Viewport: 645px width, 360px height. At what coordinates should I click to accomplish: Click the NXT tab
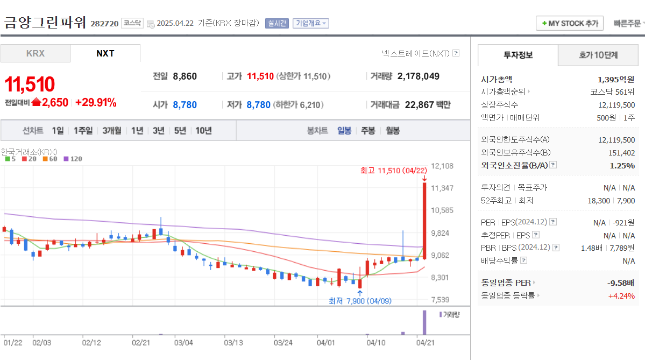click(105, 53)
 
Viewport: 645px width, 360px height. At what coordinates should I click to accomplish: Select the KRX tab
click(36, 53)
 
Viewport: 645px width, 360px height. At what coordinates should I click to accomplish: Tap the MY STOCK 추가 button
click(570, 23)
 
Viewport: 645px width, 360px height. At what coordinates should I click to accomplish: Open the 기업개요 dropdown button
click(310, 23)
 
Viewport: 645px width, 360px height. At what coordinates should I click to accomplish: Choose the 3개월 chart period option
click(111, 130)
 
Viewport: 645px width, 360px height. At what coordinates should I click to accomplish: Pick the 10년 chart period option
click(203, 130)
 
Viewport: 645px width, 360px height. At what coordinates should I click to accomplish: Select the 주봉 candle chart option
click(368, 130)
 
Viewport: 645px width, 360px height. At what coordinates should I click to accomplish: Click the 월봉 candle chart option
click(393, 130)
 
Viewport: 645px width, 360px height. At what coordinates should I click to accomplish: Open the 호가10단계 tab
click(598, 55)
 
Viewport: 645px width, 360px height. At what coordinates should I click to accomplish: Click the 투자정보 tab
click(518, 55)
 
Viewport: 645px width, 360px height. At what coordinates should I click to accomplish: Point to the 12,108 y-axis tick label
click(442, 166)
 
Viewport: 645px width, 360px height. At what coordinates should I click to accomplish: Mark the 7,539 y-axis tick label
click(442, 300)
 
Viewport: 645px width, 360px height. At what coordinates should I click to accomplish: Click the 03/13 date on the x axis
click(233, 342)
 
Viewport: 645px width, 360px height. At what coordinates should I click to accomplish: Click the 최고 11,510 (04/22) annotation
click(393, 171)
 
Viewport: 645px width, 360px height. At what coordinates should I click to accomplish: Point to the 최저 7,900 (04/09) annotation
click(359, 301)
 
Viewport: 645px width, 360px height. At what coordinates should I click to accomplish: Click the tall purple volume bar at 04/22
click(424, 322)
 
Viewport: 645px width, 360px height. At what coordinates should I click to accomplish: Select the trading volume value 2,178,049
click(418, 76)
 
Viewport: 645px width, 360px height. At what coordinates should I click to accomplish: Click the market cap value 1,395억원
click(616, 79)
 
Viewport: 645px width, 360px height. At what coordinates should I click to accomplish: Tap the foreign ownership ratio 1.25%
click(622, 165)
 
